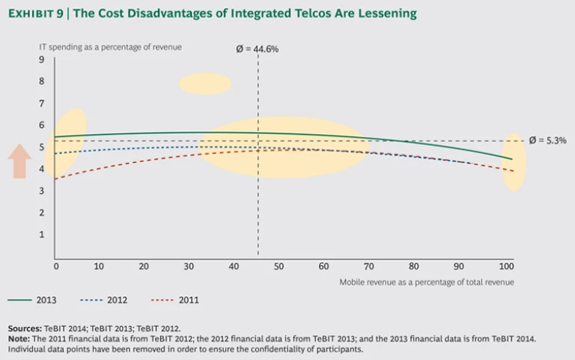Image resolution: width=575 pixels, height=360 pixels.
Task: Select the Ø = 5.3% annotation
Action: [547, 140]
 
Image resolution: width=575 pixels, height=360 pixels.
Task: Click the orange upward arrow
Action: [20, 161]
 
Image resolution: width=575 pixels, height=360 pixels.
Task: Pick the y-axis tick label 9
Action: [42, 60]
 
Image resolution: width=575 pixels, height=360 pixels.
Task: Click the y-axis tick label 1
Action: [42, 234]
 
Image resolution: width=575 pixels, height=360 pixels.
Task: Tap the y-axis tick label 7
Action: [42, 103]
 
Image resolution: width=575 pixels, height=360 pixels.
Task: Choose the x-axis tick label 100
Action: [506, 266]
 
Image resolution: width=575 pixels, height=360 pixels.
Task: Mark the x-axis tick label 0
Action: [56, 266]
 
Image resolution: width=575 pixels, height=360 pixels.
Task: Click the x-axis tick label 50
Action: [279, 266]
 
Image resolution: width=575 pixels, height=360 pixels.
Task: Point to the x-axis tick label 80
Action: [413, 266]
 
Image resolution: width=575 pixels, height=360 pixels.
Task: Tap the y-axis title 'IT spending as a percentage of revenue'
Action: [110, 47]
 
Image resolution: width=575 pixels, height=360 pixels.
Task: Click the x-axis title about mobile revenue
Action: [426, 281]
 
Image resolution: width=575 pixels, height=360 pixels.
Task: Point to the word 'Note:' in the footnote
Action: [19, 338]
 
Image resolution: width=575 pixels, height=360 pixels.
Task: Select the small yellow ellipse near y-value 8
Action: [205, 83]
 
